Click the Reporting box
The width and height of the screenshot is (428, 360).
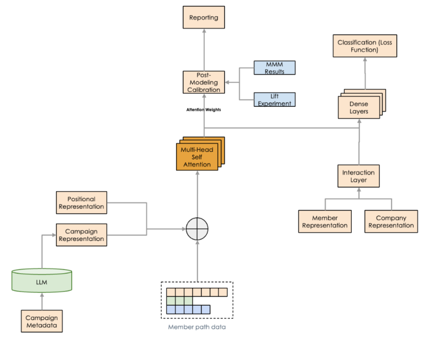click(x=203, y=17)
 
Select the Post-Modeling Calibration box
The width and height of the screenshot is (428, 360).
click(x=203, y=83)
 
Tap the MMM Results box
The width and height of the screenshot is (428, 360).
click(x=274, y=67)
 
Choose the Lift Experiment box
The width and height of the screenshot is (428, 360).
click(x=274, y=99)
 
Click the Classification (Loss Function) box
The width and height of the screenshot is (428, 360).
click(x=365, y=46)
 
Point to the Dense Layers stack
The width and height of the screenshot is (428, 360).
click(x=359, y=107)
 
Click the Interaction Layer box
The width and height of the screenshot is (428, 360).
click(x=358, y=176)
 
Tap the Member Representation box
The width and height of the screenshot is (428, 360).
click(x=325, y=222)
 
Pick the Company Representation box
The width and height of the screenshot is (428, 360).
click(x=391, y=222)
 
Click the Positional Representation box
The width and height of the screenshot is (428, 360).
click(x=81, y=203)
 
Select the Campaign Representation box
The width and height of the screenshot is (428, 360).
click(x=81, y=235)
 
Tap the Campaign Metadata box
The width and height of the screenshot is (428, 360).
click(x=42, y=321)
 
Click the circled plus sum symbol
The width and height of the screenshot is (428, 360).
click(x=196, y=229)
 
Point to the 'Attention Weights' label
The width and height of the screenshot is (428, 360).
click(x=203, y=109)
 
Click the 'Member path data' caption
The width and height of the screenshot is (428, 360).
click(x=196, y=327)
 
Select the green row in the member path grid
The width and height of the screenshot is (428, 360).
click(x=180, y=301)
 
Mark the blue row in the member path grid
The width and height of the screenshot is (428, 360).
click(x=188, y=310)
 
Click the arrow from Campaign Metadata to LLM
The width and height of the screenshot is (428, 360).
click(x=42, y=302)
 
